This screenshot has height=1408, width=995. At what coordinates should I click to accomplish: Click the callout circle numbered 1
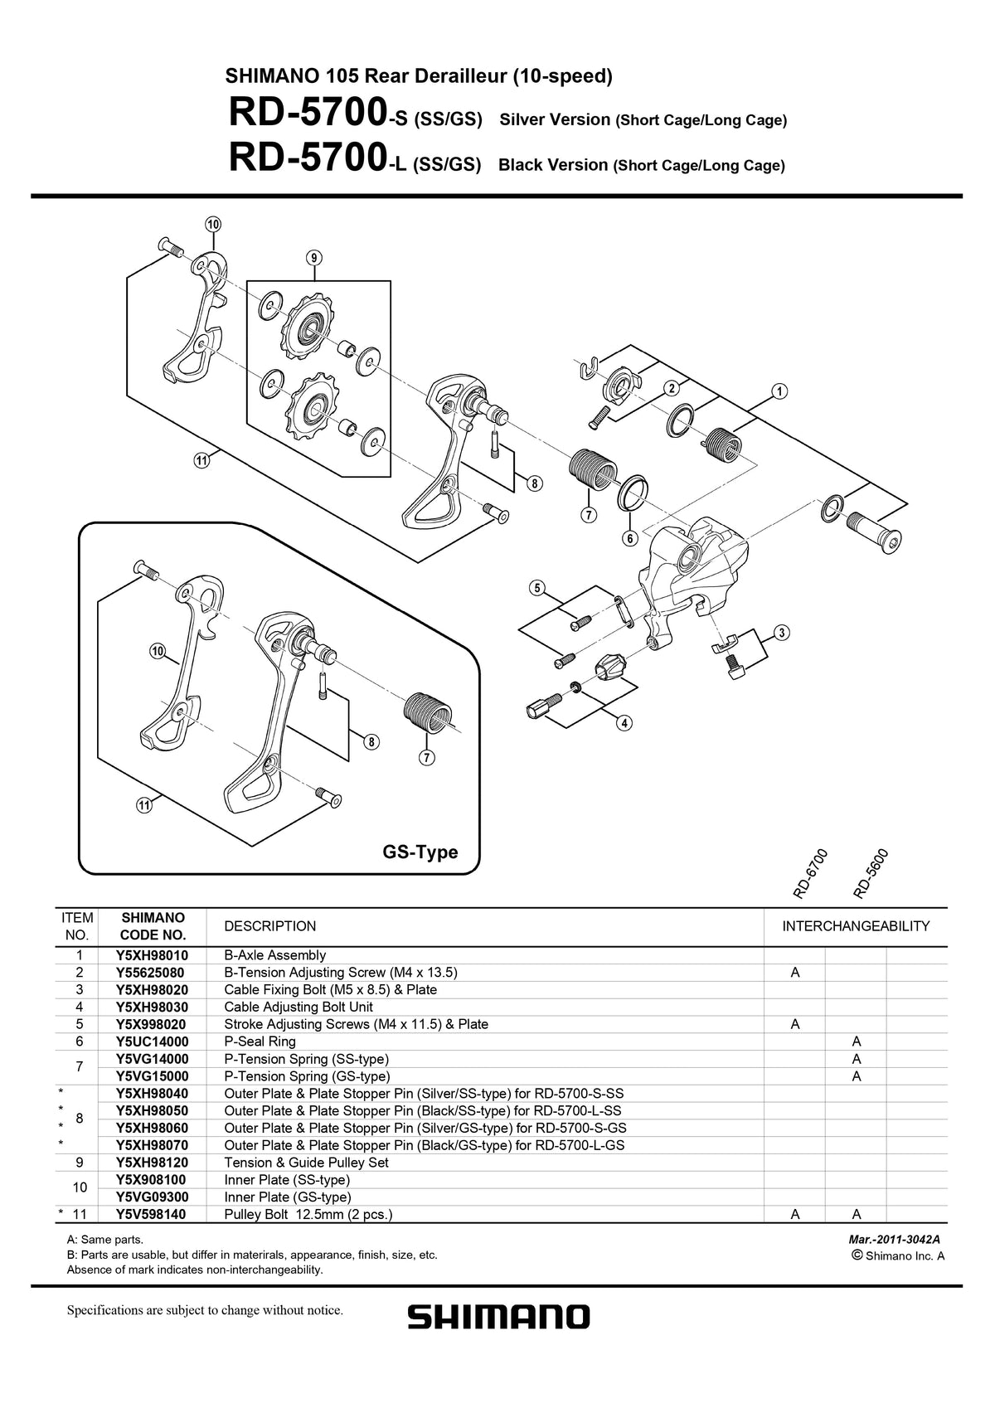point(779,391)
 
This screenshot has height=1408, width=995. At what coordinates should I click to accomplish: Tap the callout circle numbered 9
point(313,258)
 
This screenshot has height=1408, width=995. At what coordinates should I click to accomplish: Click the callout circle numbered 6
point(629,539)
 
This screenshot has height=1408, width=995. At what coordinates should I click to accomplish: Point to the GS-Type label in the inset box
point(420,852)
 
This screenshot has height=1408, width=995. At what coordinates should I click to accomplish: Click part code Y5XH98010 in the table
point(153,955)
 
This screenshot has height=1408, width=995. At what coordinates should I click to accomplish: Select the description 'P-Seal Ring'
point(260,1041)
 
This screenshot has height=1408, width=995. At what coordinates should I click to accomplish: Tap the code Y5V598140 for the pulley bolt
point(153,1215)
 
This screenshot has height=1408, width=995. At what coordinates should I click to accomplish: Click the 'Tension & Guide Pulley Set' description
point(306,1163)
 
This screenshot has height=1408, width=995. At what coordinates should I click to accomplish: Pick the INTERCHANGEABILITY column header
point(856,926)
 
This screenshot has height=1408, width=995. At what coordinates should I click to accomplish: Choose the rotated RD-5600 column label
point(870,875)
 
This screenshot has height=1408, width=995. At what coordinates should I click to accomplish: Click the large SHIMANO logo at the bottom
point(498,1317)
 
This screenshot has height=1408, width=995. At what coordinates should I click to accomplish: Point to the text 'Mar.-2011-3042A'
point(894,1240)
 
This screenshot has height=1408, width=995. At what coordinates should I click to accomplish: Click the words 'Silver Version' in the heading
point(555,119)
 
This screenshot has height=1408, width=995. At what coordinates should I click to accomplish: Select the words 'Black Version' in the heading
point(552,165)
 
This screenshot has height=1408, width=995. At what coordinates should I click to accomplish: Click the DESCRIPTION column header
point(269,926)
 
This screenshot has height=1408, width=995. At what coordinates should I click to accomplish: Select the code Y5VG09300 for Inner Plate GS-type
point(153,1197)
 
